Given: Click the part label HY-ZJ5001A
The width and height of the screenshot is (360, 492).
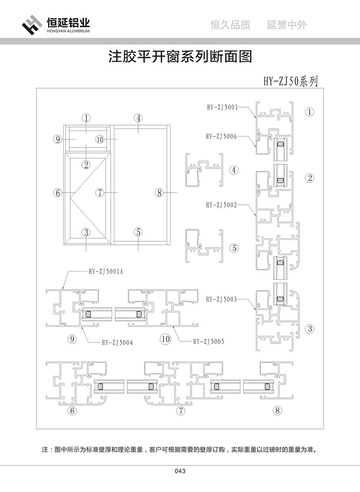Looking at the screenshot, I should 105,271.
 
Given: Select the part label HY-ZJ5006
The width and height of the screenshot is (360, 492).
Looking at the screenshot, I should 221,135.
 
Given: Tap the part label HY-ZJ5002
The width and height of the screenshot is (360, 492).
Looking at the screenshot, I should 221,204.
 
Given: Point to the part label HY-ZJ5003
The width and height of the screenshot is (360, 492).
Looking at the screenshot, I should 221,298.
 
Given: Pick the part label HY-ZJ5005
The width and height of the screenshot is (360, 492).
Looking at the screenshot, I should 208,342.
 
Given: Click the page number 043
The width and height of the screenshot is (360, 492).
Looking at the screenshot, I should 180,471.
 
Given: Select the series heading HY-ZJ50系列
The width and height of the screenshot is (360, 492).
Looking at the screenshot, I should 291,81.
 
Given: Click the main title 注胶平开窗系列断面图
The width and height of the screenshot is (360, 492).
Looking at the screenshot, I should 180,57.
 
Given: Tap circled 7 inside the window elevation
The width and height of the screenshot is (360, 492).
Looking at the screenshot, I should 100,193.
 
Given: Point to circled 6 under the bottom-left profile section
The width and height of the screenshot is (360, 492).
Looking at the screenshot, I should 72,411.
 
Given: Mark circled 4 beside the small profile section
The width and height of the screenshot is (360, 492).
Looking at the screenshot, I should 234,170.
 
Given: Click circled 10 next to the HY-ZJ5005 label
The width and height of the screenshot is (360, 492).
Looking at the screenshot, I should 166,339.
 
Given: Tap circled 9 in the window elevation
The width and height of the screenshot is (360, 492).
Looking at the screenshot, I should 57,140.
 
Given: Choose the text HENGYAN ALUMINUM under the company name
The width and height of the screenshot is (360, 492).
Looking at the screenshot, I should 68,32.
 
